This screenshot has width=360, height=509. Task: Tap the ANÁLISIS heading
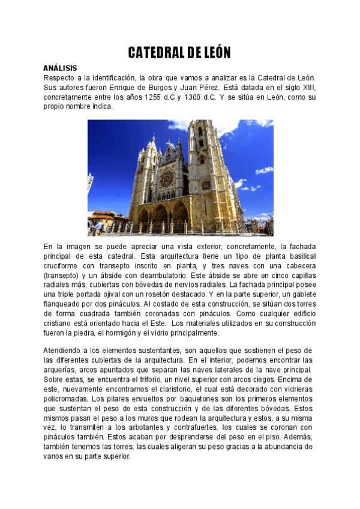pos(61,68)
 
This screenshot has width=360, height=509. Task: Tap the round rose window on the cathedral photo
pos(167,178)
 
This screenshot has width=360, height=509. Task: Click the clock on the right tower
pos(205,185)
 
